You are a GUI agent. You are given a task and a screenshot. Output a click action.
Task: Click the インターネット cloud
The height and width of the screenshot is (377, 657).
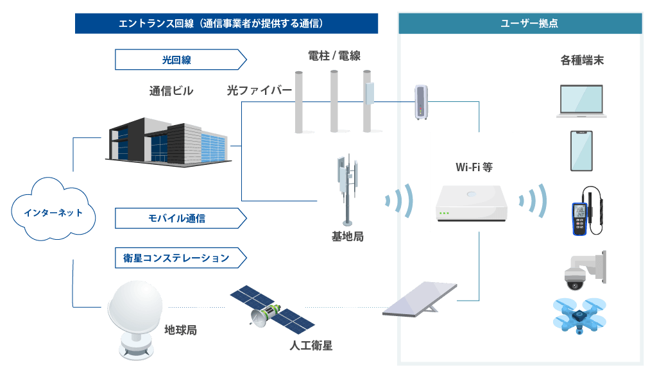click(53, 211)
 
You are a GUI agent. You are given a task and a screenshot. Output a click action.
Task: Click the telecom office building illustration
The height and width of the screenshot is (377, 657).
click(166, 140)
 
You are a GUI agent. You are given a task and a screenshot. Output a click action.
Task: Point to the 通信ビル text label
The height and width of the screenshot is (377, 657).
click(171, 91)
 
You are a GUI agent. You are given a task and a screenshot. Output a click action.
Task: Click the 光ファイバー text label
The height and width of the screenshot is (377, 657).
click(259, 90)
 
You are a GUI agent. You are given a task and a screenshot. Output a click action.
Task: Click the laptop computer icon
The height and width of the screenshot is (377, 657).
click(581, 102)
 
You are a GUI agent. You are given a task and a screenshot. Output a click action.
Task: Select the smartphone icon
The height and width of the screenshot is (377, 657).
click(581, 151)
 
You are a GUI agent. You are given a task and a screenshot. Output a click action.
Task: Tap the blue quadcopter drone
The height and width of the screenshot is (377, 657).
click(580, 315)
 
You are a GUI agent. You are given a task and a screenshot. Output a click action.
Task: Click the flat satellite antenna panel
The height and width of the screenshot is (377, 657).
click(420, 299)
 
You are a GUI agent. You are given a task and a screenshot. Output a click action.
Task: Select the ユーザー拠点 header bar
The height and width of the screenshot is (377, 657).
click(520, 24)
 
